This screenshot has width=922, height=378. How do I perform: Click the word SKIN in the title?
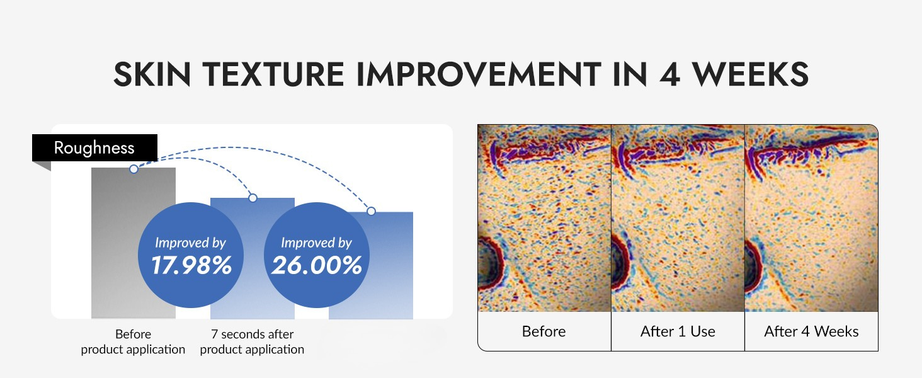pos(152,74)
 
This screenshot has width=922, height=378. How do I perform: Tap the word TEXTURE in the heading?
pos(273,74)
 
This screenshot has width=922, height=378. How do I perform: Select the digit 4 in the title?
pos(670,74)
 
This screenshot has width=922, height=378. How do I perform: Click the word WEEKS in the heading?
pos(750,74)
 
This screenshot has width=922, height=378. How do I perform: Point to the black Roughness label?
pos(94,147)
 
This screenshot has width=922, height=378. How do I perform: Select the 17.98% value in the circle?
pos(191,265)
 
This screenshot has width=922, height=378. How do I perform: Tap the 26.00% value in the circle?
pos(317,265)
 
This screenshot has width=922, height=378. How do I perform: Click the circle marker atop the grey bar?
pos(134,169)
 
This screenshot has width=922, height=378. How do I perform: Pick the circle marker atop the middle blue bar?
pos(253,198)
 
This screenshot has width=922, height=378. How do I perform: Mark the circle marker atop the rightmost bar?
pos(372,211)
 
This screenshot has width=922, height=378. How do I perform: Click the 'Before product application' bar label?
pos(133,341)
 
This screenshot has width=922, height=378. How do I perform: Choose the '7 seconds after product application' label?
pos(252,341)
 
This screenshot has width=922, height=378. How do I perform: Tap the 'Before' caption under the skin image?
pos(544,331)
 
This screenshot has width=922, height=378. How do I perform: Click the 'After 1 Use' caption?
pos(678,331)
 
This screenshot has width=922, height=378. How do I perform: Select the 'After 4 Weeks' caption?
pos(811,331)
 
